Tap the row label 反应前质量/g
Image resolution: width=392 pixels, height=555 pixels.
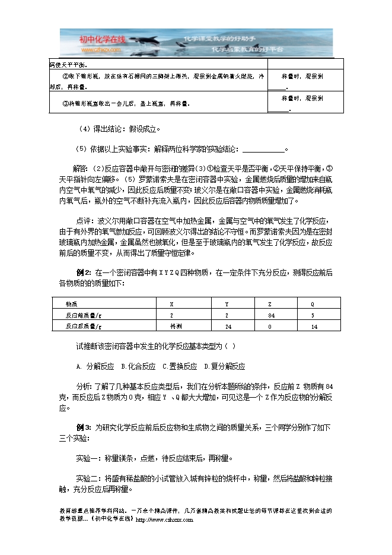84,315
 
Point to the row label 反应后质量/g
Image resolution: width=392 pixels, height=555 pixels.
84,326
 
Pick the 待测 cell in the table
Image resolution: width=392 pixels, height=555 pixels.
176,326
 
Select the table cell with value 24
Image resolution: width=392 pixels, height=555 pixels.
227,326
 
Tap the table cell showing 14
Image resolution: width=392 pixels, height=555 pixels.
314,326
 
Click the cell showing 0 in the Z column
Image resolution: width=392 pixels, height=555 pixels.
270,326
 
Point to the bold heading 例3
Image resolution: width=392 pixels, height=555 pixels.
84,427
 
